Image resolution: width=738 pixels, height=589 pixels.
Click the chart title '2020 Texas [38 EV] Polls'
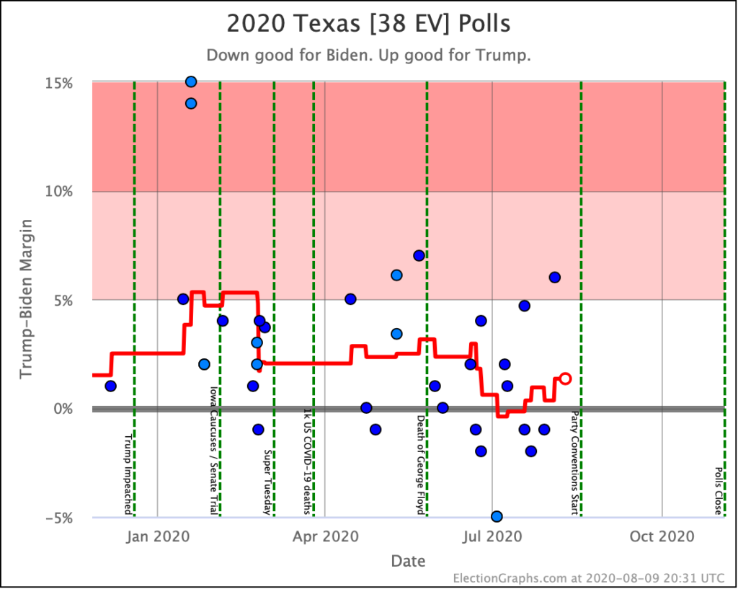(x=368, y=24)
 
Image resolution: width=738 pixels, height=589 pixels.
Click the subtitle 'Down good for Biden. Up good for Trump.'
(x=368, y=56)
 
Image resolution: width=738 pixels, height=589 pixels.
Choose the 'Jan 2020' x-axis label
(x=156, y=536)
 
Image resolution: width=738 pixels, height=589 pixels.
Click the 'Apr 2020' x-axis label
(x=325, y=536)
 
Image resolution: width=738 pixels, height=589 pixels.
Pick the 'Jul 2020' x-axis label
(x=492, y=536)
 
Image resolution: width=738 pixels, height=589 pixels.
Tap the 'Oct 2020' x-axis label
(x=661, y=536)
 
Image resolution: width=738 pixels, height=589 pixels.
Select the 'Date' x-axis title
(x=408, y=561)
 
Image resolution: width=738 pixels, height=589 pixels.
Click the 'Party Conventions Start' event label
(x=575, y=463)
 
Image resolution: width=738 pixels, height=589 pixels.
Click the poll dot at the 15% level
(x=191, y=81)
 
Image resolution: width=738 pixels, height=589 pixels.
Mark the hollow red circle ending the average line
(x=566, y=378)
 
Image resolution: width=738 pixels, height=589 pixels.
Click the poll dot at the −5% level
(x=497, y=516)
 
